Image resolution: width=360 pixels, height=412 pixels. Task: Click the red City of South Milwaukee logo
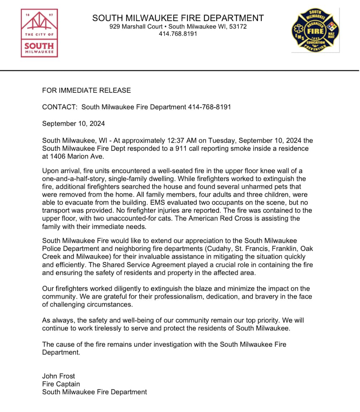(x=39, y=33)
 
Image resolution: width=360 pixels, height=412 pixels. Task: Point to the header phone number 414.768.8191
(x=178, y=34)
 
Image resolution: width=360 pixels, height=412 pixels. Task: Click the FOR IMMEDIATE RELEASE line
(x=87, y=90)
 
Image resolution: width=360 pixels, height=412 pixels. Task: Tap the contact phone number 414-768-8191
(x=209, y=107)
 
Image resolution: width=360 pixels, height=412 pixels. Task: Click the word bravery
(x=264, y=297)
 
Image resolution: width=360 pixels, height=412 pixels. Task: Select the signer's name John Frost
(x=59, y=376)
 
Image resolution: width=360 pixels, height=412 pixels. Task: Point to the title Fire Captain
(x=61, y=384)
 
